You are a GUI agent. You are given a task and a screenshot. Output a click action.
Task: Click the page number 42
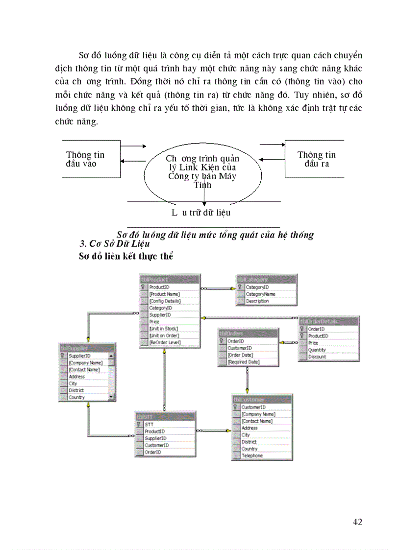(x=357, y=522)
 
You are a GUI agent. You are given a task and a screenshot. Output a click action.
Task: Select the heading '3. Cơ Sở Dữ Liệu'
(x=114, y=244)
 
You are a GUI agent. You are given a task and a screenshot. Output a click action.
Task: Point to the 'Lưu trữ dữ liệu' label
(x=201, y=213)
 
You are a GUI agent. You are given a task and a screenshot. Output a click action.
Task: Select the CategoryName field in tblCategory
(x=260, y=294)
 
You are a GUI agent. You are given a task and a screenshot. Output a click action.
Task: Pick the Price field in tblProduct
(x=154, y=322)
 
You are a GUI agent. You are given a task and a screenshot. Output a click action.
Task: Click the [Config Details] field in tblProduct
(x=165, y=301)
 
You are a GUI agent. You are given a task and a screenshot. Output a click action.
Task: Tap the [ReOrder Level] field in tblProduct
(x=165, y=342)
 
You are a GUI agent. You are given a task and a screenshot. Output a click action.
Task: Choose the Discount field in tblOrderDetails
(x=317, y=357)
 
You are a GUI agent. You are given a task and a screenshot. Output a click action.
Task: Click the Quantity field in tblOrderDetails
(x=317, y=350)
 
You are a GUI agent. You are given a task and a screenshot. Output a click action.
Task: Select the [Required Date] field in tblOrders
(x=243, y=362)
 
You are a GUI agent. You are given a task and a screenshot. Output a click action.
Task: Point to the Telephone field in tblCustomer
(x=252, y=455)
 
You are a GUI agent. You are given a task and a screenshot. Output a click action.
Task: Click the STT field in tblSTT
(x=149, y=425)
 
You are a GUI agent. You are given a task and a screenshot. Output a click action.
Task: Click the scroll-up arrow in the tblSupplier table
(x=111, y=356)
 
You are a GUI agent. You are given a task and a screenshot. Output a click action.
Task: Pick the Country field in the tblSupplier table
(x=76, y=397)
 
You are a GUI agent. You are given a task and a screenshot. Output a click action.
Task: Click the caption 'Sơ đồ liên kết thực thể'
(x=126, y=256)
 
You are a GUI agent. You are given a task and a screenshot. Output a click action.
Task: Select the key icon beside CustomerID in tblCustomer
(x=236, y=407)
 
